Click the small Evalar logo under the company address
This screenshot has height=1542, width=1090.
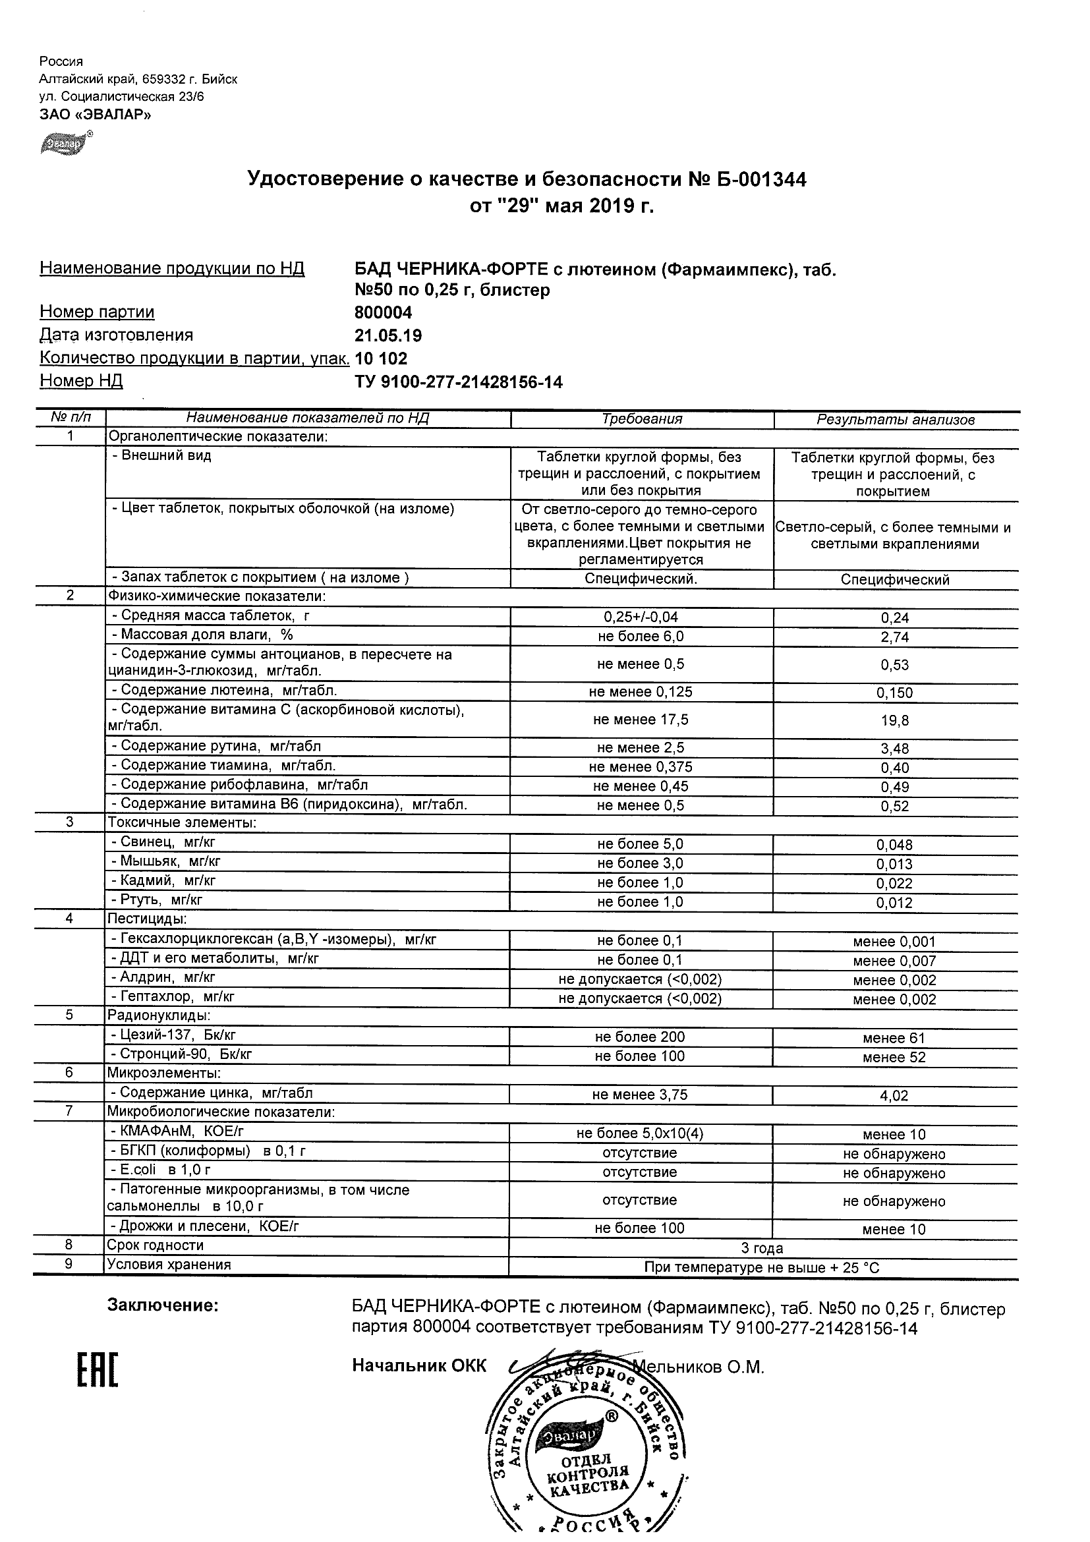[65, 143]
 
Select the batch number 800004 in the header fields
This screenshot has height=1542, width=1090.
[383, 313]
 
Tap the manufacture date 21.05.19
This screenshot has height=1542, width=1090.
[388, 336]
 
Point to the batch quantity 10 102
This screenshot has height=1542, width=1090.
[381, 358]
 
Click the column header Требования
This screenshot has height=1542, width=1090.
[642, 419]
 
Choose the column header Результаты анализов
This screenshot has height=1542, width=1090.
[895, 420]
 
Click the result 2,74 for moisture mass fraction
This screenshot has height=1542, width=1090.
[894, 637]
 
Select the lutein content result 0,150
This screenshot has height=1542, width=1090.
[894, 693]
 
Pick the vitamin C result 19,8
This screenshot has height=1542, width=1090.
[894, 721]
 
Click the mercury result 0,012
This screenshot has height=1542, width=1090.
[894, 903]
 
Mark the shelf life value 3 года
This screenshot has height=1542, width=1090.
[762, 1248]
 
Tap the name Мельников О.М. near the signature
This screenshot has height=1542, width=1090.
[699, 1367]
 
